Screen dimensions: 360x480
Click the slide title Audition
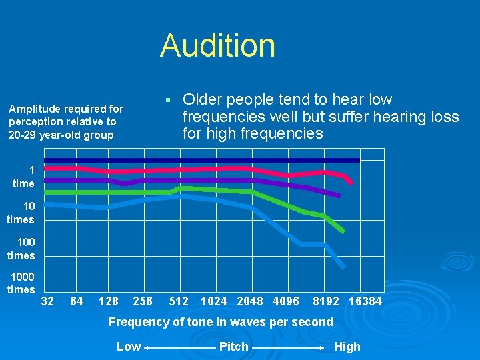pos(217,46)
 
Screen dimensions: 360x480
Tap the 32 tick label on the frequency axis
pos(48,301)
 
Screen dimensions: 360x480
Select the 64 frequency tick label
pos(77,301)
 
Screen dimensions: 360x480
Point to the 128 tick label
pos(109,301)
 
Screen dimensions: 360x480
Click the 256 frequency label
pos(143,301)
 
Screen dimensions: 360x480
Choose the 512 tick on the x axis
pos(179,301)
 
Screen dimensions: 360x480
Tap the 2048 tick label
pos(250,301)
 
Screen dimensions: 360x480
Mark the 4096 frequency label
pos(286,301)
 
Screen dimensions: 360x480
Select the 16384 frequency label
pos(366,301)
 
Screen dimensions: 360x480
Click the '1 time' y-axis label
pos(23,177)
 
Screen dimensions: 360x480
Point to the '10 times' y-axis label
pos(21,213)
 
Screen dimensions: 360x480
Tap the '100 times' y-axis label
pos(21,249)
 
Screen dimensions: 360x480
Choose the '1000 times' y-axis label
pos(21,283)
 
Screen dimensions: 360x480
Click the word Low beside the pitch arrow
pos(129,347)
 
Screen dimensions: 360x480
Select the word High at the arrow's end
pos(347,347)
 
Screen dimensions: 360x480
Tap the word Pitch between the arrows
pos(234,347)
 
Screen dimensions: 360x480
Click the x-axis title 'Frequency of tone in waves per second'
pos(221,322)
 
